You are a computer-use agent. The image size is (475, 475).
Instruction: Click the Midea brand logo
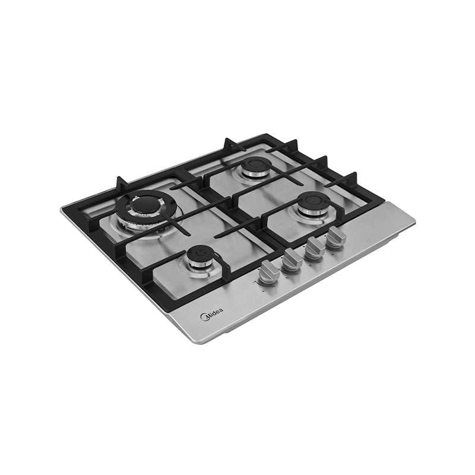pos(212,314)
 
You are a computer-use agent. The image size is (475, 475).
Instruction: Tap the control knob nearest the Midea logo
pos(269,273)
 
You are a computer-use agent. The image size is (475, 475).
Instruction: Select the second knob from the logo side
pos(292,259)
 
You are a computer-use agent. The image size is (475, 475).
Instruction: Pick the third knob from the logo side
pos(315,249)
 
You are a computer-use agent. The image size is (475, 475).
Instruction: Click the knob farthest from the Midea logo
pos(335,238)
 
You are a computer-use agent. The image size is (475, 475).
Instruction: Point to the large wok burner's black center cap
pos(146,204)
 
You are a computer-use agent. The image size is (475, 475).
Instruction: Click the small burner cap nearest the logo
pos(198,254)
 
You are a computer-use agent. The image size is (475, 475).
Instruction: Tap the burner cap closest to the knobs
pos(313,200)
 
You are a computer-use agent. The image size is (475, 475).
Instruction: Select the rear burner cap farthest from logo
pos(256,164)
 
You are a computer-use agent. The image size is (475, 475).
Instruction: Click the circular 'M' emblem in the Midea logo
pos(204,317)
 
